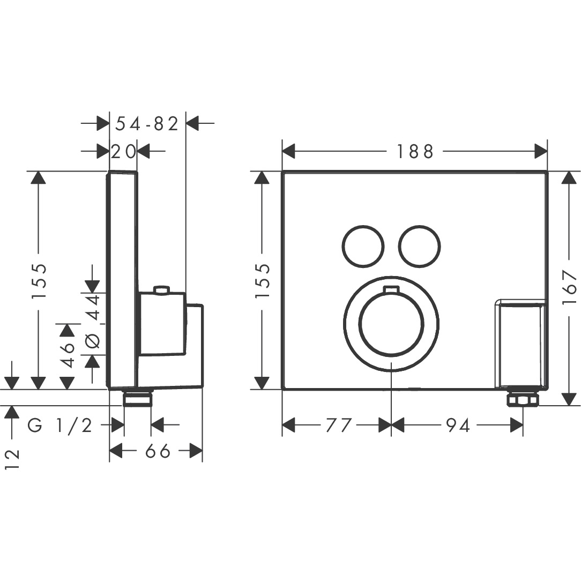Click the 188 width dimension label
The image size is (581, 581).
point(415,152)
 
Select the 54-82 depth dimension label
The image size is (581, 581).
point(147,123)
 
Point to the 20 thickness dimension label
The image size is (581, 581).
point(123,152)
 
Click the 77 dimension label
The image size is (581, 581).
point(338,426)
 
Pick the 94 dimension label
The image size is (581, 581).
point(457,426)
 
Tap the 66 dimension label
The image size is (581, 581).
point(158,451)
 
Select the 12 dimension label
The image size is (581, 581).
point(12,459)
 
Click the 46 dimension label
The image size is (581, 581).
point(68,355)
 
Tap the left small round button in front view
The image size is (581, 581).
point(363,245)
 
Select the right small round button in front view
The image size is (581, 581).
point(420,245)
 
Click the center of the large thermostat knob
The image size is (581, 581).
point(391,324)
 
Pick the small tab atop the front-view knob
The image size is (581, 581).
point(391,290)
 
